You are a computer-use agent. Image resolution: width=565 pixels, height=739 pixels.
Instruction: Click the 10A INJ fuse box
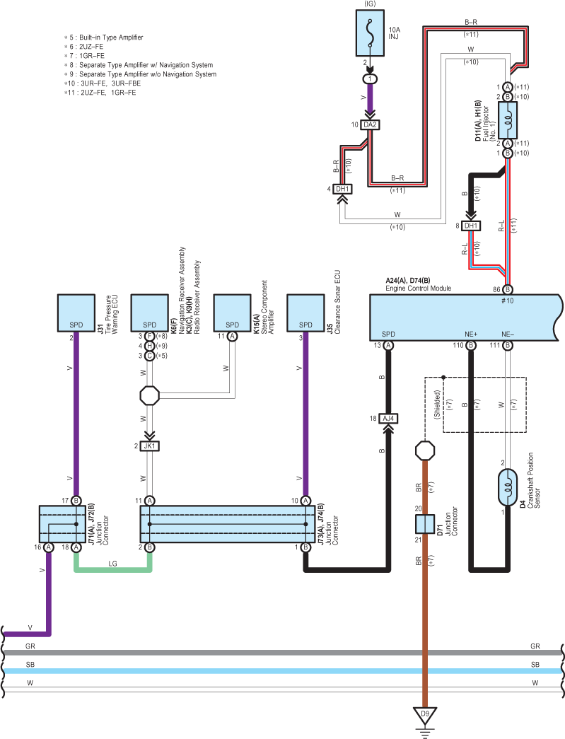click(x=371, y=33)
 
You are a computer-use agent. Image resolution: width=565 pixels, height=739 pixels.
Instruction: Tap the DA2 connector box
click(x=370, y=125)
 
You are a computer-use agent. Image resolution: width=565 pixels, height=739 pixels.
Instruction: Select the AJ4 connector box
click(x=388, y=419)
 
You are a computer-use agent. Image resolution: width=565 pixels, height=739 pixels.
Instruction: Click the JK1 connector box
click(x=149, y=446)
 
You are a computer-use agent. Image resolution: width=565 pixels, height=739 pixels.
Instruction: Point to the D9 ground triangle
click(x=425, y=715)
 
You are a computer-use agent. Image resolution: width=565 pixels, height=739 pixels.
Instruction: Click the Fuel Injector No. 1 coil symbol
click(x=508, y=120)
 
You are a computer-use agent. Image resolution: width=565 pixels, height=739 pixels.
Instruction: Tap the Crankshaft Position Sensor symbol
click(x=508, y=487)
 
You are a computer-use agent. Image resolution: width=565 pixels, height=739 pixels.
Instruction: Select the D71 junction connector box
click(x=424, y=524)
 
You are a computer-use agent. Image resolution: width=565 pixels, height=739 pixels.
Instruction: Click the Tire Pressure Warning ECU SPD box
click(x=76, y=313)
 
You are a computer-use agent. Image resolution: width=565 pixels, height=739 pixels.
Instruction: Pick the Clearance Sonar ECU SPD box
click(x=305, y=313)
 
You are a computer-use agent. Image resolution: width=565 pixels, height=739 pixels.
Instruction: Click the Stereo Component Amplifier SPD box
click(x=233, y=313)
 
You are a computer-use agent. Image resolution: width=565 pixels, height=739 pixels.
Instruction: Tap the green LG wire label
click(x=112, y=564)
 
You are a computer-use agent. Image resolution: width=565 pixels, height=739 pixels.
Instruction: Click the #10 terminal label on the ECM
click(x=508, y=301)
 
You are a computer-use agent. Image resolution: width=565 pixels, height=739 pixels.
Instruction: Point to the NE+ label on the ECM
click(x=471, y=334)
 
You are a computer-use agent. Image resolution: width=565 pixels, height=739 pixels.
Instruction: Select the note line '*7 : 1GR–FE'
click(x=84, y=56)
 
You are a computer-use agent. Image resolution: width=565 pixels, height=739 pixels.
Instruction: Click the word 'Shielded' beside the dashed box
click(x=437, y=405)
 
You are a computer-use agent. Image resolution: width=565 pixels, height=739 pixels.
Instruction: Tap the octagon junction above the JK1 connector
click(x=149, y=395)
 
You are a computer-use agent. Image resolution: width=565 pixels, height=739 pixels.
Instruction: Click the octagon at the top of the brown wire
click(x=424, y=450)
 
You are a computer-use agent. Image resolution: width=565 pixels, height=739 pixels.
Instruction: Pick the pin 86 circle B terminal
click(x=508, y=289)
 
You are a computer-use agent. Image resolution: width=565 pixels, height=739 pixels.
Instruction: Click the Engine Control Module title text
click(x=419, y=289)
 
